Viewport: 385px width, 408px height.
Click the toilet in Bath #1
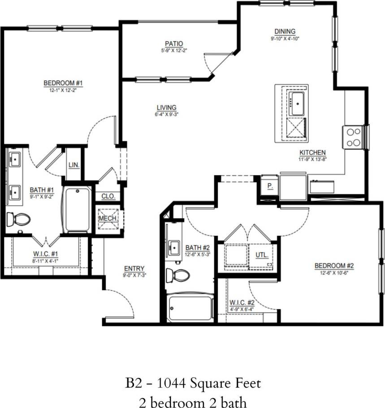[x=18, y=219]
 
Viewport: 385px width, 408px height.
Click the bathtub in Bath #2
[x=190, y=308]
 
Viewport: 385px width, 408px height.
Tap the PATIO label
[x=173, y=43]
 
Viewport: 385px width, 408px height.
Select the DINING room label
[x=285, y=31]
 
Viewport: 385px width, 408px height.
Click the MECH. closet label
[x=108, y=218]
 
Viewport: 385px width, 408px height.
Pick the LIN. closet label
[x=74, y=165]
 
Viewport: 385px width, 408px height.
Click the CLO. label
[x=108, y=196]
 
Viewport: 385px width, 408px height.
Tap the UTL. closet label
[x=262, y=255]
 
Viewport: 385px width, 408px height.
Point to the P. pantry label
[x=270, y=185]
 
